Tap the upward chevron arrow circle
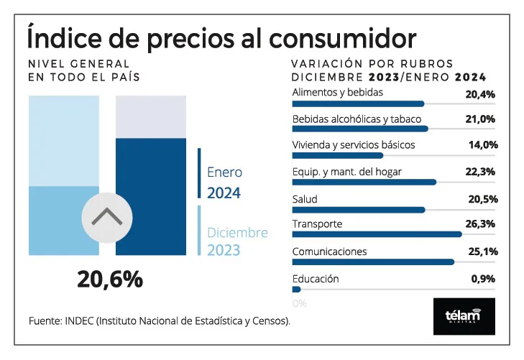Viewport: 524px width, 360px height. [107, 216]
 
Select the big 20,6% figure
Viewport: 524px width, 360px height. [110, 280]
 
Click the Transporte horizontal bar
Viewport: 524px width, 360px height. [377, 234]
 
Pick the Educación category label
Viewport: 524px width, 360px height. [316, 279]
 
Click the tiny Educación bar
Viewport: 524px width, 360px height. [296, 289]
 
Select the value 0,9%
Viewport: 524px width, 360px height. [484, 279]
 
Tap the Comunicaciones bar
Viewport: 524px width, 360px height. [373, 262]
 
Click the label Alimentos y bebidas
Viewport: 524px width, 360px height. [337, 92]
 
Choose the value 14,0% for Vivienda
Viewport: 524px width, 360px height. [482, 144]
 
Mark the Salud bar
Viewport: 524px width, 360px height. [359, 209]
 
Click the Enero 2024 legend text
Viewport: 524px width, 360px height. [224, 183]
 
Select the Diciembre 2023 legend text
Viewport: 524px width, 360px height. [237, 241]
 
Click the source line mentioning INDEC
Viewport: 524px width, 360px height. [160, 320]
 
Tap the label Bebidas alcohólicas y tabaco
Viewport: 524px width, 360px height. [357, 119]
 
